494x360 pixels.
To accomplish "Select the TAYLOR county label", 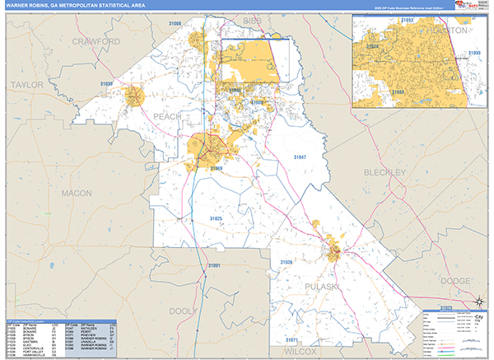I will [x=25, y=84].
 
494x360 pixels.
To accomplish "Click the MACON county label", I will [x=77, y=192].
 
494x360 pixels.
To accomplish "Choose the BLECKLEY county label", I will [x=384, y=172].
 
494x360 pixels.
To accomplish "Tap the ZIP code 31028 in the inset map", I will [x=372, y=48].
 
